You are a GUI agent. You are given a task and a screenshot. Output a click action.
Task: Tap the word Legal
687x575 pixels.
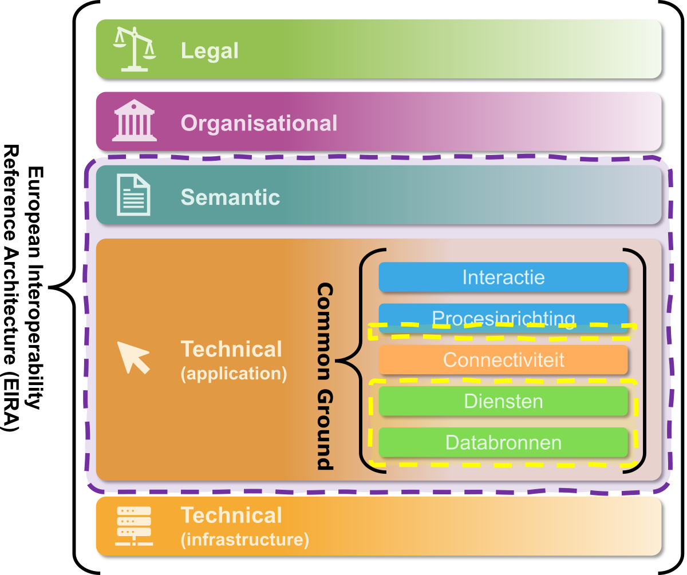(210, 51)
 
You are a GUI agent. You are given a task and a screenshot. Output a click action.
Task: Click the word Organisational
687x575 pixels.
(259, 123)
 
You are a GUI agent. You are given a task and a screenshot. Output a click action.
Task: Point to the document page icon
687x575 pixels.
(133, 195)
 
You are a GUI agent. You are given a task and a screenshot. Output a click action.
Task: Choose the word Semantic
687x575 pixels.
(230, 197)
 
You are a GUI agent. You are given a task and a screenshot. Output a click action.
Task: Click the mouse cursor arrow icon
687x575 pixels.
(133, 357)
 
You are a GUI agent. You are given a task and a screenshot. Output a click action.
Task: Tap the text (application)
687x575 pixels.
(234, 374)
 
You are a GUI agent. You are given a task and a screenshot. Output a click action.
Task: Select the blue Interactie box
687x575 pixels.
(503, 277)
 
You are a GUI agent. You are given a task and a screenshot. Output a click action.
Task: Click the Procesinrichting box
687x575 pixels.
(503, 316)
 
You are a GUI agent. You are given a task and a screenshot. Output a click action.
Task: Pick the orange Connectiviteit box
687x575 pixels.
(503, 360)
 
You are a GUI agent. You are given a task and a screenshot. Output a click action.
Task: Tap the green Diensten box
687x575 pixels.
(503, 401)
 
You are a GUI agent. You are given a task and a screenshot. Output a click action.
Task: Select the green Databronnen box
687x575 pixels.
(503, 442)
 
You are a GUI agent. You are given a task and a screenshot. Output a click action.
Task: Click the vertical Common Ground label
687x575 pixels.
(325, 376)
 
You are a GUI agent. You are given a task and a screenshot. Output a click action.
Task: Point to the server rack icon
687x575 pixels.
(133, 526)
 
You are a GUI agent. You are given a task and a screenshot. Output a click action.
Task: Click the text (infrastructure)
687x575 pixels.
(244, 540)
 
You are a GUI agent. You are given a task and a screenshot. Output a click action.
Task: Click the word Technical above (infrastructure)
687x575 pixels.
(231, 515)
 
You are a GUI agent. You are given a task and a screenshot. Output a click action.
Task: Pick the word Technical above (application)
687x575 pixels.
(231, 349)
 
